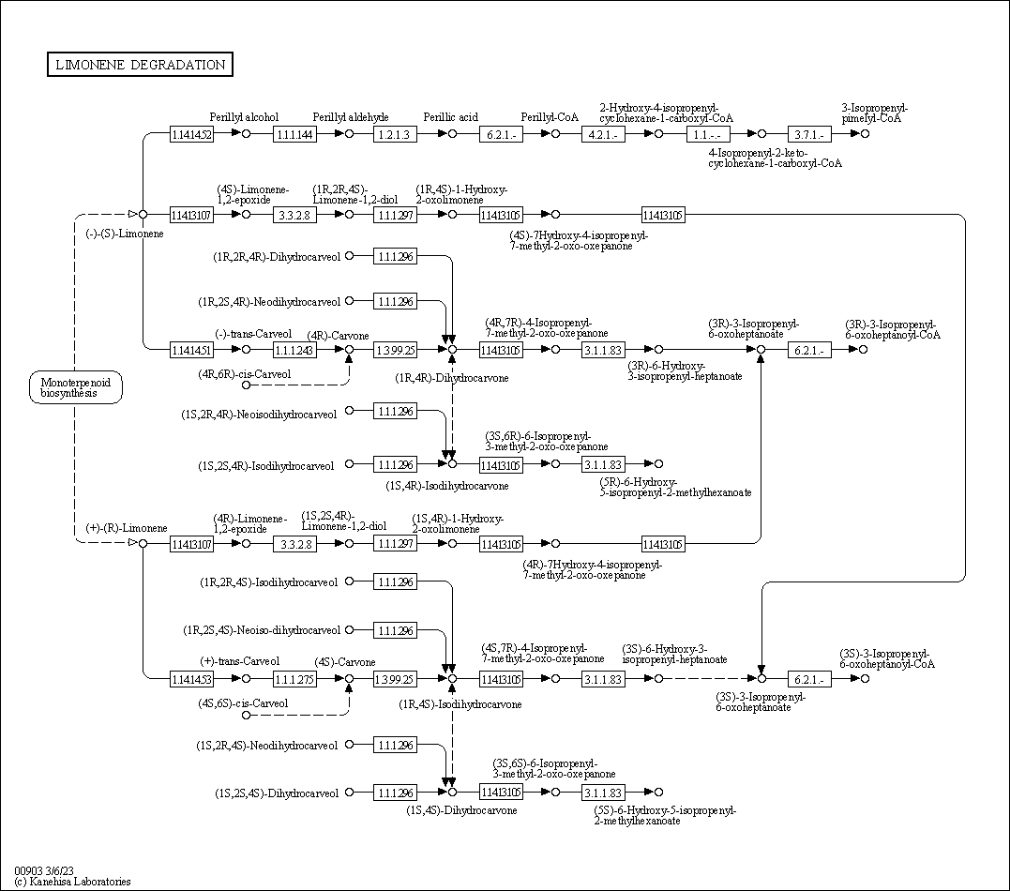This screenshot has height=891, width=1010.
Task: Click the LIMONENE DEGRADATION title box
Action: coord(140,65)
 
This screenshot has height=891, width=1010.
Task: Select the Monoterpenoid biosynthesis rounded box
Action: coord(76,387)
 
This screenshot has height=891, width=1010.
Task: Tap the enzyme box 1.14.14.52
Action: coord(191,134)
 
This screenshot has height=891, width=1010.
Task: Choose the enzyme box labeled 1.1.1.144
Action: coord(294,134)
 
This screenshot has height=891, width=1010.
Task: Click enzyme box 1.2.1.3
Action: coord(395,134)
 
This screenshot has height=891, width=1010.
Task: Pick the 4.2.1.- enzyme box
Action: coord(602,134)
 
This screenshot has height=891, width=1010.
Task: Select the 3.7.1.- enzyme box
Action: coord(807,134)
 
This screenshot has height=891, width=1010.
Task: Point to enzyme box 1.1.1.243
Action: coord(294,350)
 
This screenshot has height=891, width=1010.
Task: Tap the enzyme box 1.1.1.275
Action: coord(294,678)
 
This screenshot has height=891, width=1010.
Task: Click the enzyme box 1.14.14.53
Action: coord(191,678)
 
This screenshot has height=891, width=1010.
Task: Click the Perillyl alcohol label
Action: coord(244,117)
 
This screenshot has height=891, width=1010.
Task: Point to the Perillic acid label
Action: coord(450,117)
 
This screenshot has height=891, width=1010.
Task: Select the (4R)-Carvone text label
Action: coord(339,335)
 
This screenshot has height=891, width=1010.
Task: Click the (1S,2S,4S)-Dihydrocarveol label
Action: coord(276,793)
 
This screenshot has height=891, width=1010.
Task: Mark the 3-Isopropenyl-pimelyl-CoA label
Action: coord(874,113)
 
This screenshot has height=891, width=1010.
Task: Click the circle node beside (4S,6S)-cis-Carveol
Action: coord(247,716)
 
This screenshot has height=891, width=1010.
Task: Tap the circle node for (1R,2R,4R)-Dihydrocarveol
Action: coord(350,255)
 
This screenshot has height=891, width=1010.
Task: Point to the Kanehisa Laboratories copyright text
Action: coord(72,882)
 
